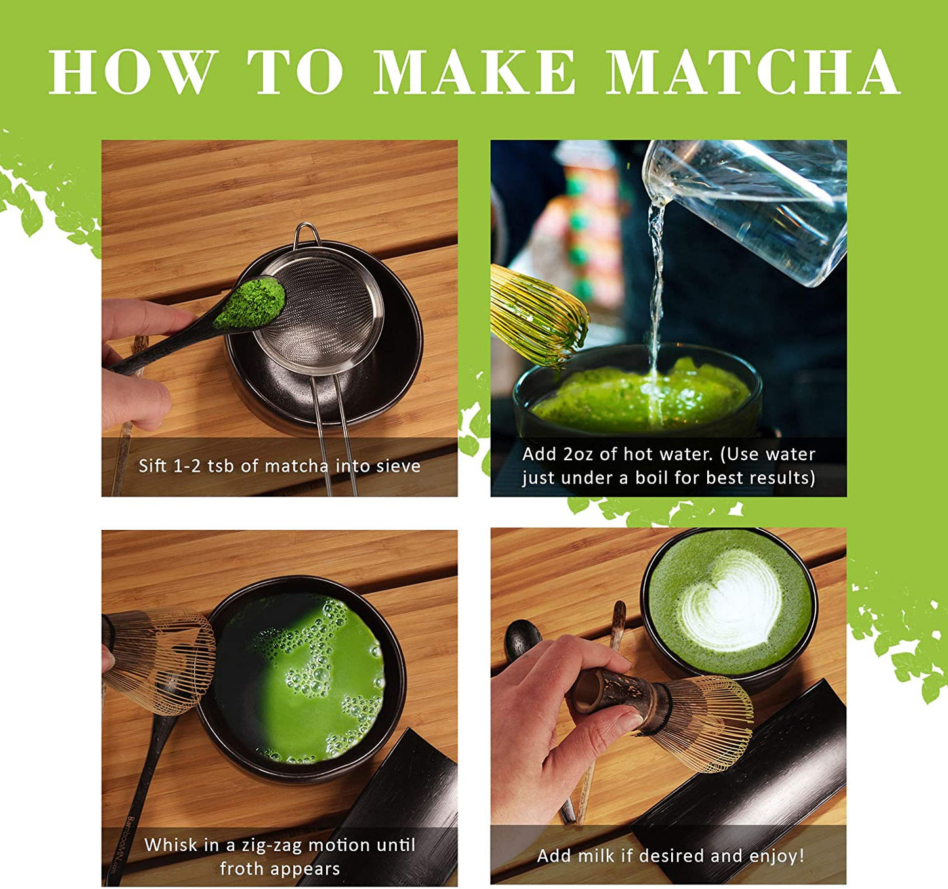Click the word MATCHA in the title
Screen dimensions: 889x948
tap(752, 72)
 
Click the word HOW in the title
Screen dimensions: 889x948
tap(134, 72)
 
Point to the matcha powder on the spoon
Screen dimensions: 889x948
tap(250, 303)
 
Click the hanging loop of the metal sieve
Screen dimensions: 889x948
tap(306, 234)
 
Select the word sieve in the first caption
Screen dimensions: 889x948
tap(398, 466)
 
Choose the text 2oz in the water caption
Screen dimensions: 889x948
tap(578, 454)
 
